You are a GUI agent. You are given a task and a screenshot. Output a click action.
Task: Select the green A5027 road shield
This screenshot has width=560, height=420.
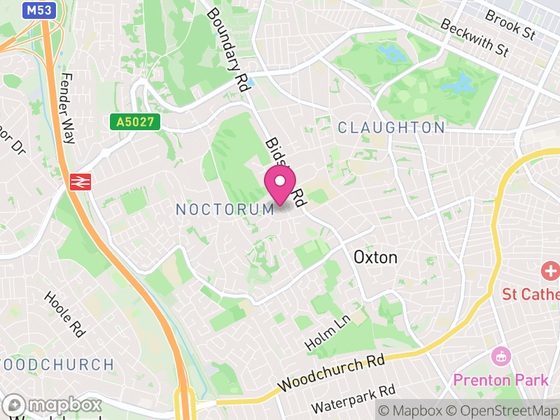pos(135,122)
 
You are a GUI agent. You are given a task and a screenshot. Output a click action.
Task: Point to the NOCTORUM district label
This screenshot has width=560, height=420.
pos(225,209)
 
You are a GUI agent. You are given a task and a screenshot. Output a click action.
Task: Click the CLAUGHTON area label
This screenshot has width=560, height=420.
pos(391,127)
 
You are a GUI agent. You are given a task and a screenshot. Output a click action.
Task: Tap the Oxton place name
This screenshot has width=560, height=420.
pos(375,257)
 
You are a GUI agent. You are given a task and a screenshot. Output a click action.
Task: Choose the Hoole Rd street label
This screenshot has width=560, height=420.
pos(64,314)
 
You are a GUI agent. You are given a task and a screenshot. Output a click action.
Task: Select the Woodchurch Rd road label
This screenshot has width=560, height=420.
pos(332,374)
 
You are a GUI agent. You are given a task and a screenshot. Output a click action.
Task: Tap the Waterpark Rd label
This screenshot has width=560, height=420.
pos(353,400)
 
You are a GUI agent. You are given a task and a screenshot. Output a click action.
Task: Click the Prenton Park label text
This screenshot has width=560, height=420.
pos(500,380)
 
